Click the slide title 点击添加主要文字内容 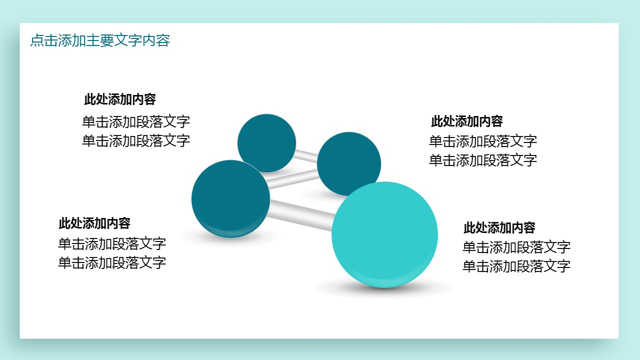pos(100,40)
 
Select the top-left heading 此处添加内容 pos(120,99)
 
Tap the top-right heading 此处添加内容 pos(467,121)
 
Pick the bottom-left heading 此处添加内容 pos(94,223)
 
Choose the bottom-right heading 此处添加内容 pos(499,228)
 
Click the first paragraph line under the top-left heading pos(136,122)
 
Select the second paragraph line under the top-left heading pos(136,141)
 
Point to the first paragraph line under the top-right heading pos(483,141)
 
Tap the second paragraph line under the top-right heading pos(483,160)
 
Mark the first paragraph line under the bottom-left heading pos(112,244)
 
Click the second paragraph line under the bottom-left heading pos(112,263)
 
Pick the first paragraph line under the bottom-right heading pos(516,247)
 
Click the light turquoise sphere pos(384,235)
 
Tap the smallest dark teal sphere pos(266,143)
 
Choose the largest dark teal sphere pos(230,199)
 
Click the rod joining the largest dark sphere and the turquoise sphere pos(301,215)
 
